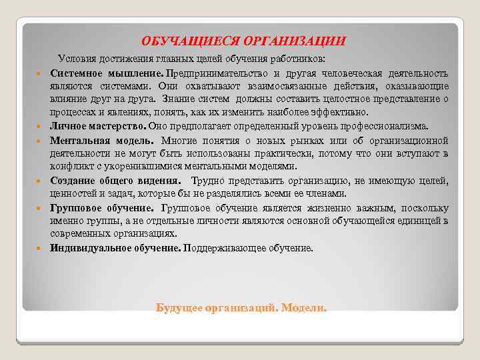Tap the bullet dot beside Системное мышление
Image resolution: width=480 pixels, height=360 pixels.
[41, 73]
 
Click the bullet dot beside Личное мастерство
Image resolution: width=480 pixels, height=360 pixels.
[41, 127]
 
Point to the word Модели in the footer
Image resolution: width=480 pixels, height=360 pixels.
[304, 308]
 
